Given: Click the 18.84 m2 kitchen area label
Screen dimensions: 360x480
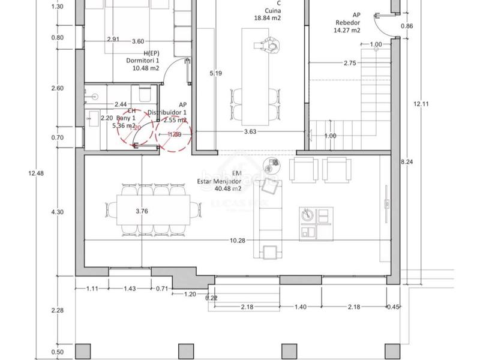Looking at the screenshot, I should [267, 18].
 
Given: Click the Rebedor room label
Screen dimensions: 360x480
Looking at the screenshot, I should [348, 23].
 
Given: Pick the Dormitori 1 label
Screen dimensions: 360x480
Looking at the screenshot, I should [142, 60].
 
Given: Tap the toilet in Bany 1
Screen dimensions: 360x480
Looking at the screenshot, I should [144, 94].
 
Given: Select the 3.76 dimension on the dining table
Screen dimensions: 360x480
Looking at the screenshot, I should [142, 211].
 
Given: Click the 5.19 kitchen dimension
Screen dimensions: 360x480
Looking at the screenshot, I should [216, 74].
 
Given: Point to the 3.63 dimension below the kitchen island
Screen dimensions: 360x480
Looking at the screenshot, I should [250, 131].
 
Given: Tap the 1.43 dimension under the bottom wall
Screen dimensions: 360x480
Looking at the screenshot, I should [129, 289].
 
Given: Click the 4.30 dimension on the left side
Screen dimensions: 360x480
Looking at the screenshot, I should [58, 212].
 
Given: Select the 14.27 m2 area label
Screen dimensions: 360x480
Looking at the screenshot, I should [348, 30].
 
